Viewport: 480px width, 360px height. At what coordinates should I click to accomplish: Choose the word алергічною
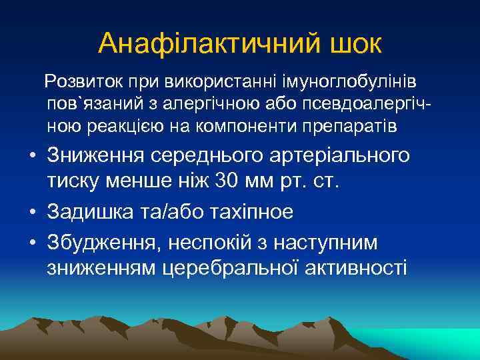coord(218,105)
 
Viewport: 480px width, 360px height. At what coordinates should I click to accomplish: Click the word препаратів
coord(354,126)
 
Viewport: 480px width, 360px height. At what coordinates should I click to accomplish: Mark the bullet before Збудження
coord(31,243)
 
